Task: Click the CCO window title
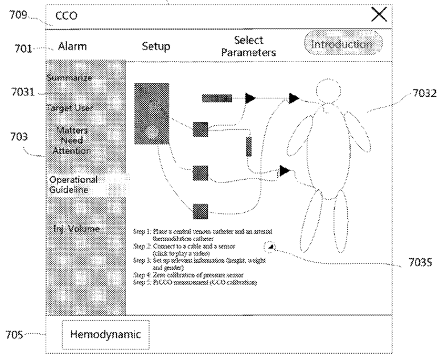(66, 16)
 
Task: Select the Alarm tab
(72, 46)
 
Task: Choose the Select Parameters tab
(248, 46)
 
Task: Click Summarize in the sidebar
(69, 77)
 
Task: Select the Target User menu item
(69, 107)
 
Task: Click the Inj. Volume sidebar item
(76, 229)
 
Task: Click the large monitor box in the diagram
(151, 112)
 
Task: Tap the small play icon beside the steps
(271, 246)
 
